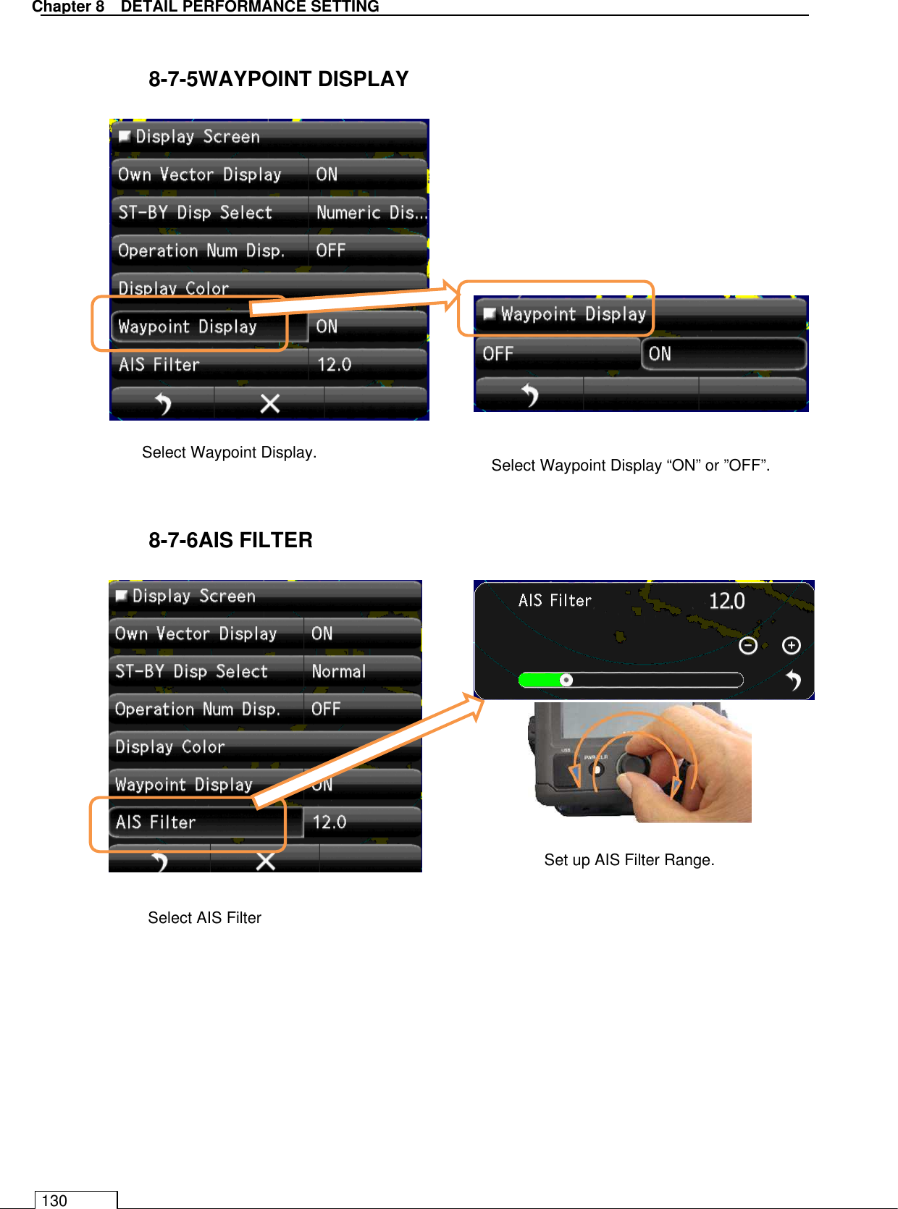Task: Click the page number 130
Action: (54, 1200)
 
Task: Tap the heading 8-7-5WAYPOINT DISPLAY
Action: (278, 79)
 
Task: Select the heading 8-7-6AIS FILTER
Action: (230, 540)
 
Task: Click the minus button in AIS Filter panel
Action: (748, 645)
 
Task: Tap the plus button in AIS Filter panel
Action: (792, 645)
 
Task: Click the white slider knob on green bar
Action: (566, 680)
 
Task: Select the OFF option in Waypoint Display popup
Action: (557, 354)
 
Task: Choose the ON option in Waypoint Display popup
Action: (723, 354)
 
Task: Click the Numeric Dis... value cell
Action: (369, 213)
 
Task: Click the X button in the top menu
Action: (269, 403)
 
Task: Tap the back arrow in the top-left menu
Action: (164, 403)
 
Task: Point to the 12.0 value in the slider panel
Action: (726, 601)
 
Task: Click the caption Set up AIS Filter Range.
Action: (629, 860)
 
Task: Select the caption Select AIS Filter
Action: (204, 918)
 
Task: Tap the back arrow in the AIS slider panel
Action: (794, 681)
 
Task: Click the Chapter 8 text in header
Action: (68, 7)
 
